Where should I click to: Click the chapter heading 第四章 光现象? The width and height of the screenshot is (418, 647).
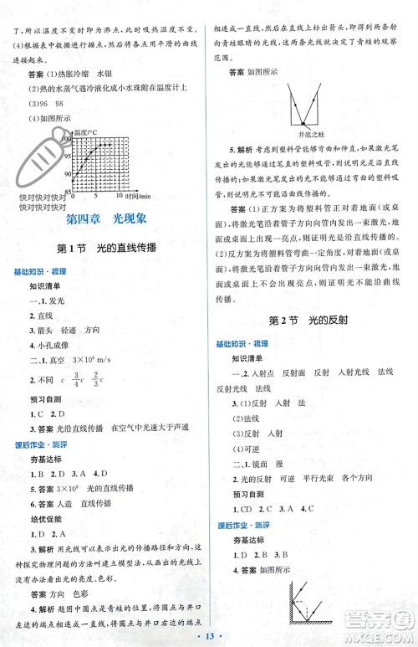tap(105, 219)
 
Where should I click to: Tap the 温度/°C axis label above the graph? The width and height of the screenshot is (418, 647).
tap(87, 131)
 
